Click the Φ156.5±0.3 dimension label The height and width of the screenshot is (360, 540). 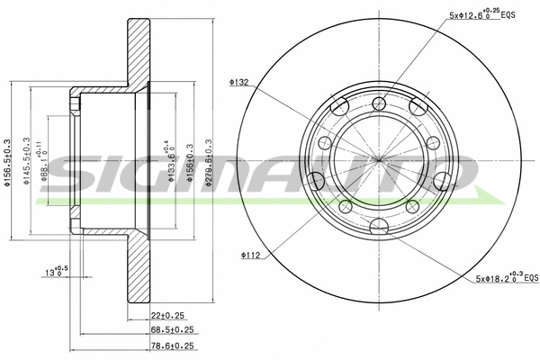click(x=8, y=163)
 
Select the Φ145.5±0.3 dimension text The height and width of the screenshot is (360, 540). click(x=28, y=163)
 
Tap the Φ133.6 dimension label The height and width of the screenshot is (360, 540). click(x=171, y=163)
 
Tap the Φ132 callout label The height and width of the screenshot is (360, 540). click(x=239, y=82)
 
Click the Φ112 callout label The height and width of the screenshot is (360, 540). click(x=251, y=256)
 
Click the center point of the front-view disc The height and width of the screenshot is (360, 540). click(x=378, y=162)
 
